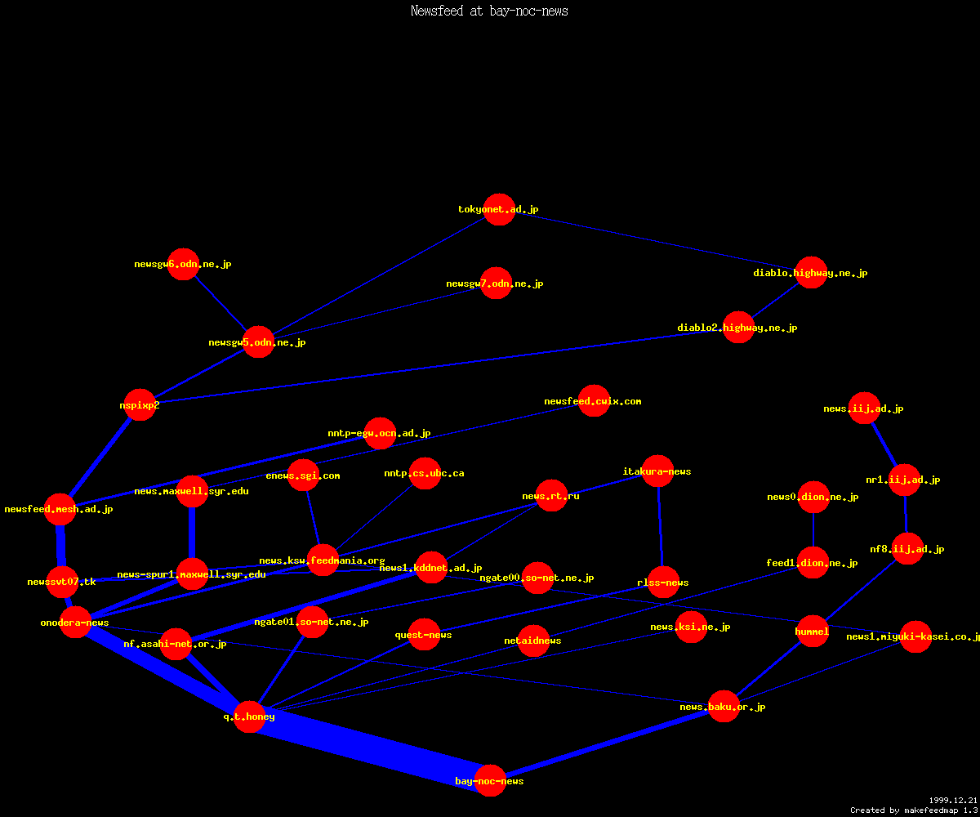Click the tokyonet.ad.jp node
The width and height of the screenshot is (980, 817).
[499, 209]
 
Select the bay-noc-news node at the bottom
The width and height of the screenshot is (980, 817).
[490, 780]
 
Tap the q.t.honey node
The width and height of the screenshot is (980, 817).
[250, 717]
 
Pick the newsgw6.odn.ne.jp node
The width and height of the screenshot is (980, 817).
[183, 264]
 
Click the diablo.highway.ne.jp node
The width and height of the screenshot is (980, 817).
[811, 273]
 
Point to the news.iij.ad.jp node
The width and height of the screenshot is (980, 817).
[864, 408]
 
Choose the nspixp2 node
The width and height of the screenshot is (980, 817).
[140, 404]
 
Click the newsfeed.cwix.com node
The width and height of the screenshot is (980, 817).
[594, 401]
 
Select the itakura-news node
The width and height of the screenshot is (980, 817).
[657, 471]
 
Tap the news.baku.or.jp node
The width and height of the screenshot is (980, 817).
[724, 706]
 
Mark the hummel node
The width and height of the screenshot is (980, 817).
[813, 631]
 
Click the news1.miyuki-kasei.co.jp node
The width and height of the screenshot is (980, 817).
[915, 636]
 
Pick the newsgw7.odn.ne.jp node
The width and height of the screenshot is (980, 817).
[496, 283]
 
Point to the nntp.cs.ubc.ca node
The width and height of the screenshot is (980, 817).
[425, 473]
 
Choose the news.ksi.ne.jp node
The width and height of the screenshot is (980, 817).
[691, 627]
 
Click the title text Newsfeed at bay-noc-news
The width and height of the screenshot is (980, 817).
[489, 11]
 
